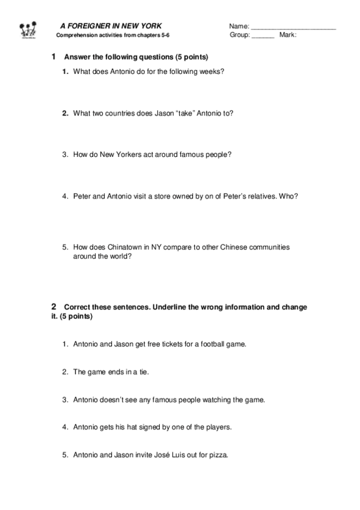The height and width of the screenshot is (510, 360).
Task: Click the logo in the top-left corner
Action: point(29,29)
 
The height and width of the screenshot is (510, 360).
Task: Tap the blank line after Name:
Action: point(293,28)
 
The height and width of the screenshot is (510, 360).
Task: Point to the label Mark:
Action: point(288,35)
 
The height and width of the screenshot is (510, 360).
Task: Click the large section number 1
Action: point(54,57)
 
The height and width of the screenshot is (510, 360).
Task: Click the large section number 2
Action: point(54,307)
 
